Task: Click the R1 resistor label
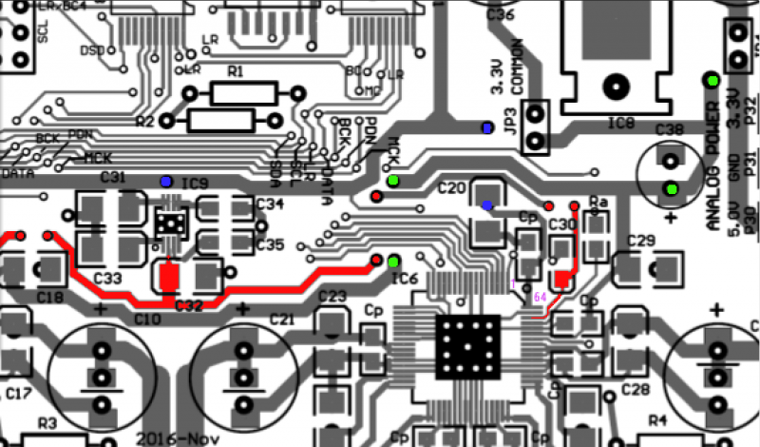click(236, 72)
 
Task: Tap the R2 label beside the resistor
click(144, 122)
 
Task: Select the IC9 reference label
click(196, 182)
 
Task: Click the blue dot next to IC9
click(166, 180)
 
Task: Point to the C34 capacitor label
click(270, 204)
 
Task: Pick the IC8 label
click(621, 123)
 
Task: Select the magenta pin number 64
click(540, 297)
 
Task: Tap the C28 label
click(635, 389)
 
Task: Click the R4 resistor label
click(655, 420)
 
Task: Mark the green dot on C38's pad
click(673, 188)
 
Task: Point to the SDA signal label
click(275, 169)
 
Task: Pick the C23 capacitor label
click(332, 297)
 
